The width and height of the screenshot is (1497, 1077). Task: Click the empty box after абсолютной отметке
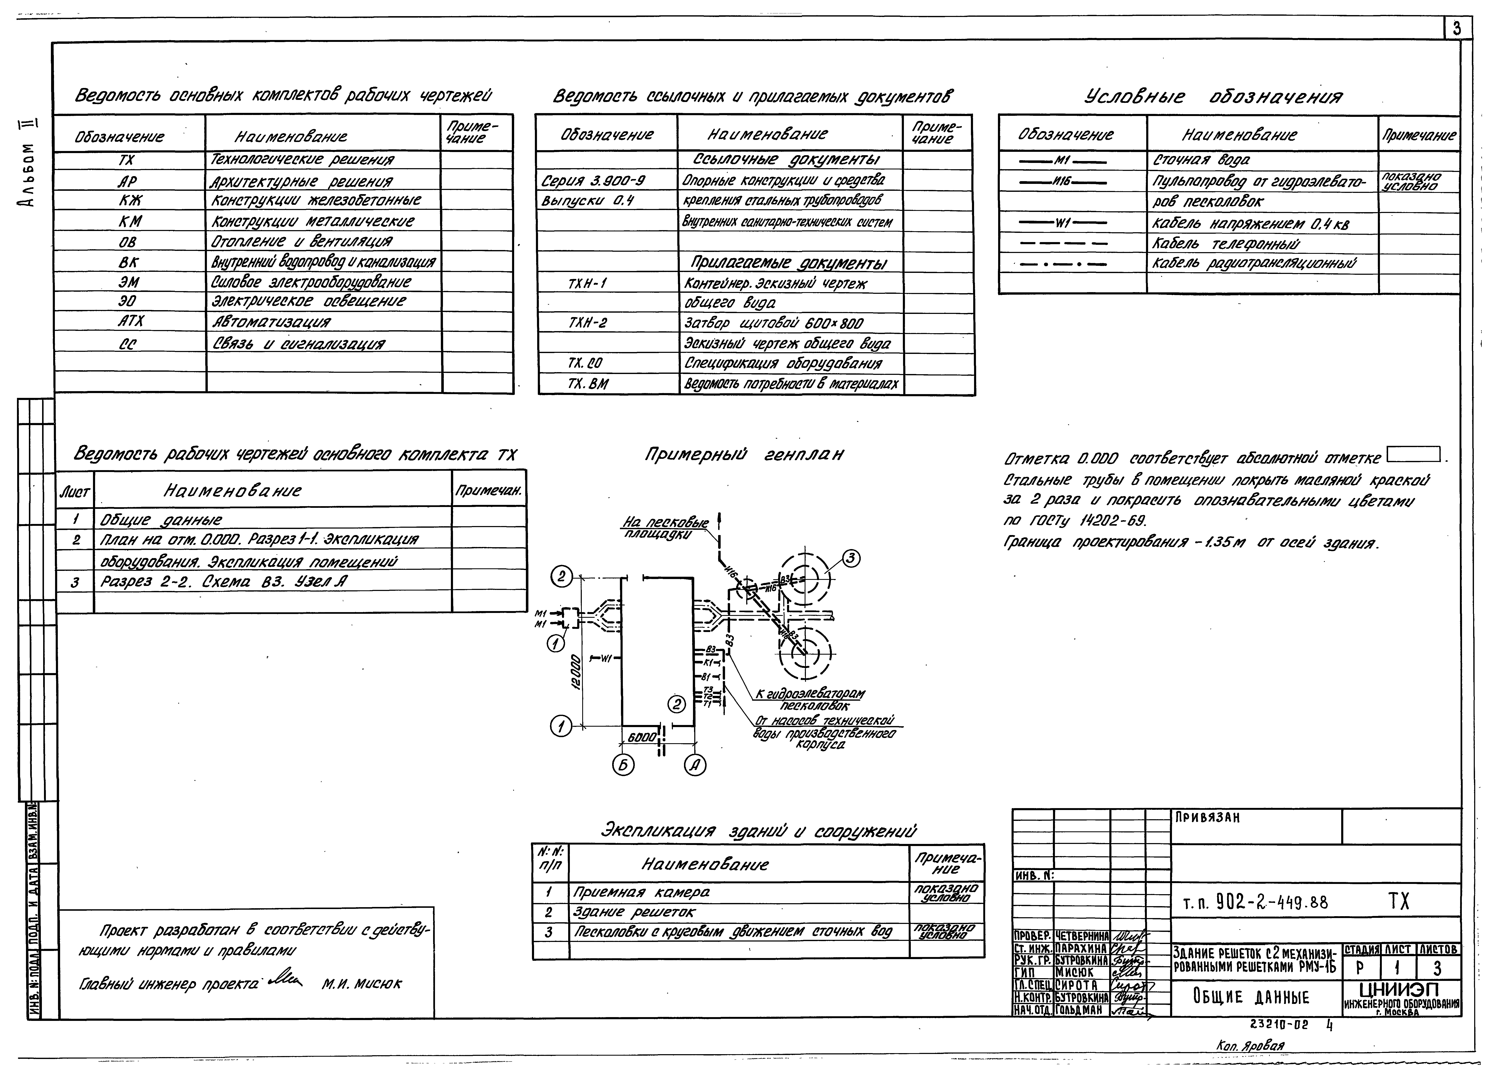tap(1413, 455)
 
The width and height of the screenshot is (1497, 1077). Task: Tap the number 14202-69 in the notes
tap(1113, 521)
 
